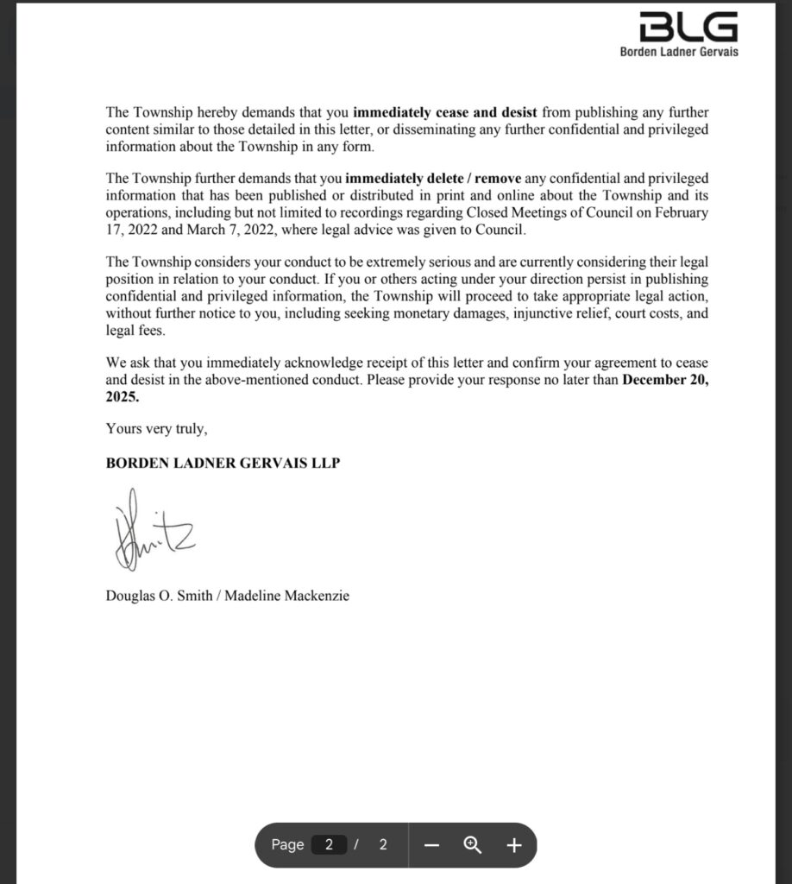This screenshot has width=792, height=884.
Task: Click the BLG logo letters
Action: coord(688,28)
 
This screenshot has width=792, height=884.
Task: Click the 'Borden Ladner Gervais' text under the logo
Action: coord(679,52)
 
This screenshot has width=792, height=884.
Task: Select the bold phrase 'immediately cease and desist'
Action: coord(445,113)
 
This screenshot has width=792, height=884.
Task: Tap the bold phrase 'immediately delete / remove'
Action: coord(421,180)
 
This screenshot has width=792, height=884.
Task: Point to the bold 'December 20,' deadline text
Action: coord(665,381)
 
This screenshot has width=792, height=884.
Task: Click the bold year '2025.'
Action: coord(122,398)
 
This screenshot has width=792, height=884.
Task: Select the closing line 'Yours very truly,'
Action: coord(156,428)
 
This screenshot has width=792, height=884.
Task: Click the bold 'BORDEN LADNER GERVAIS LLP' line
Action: coord(223,463)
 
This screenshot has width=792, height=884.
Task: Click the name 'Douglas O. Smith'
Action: coord(160,596)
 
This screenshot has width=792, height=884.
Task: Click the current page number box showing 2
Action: coord(329,845)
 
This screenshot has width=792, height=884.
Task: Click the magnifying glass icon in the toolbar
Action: coord(473,845)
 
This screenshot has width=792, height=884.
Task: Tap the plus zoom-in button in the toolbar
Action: coord(514,845)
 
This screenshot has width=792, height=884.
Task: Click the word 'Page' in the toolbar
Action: coord(287,845)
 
